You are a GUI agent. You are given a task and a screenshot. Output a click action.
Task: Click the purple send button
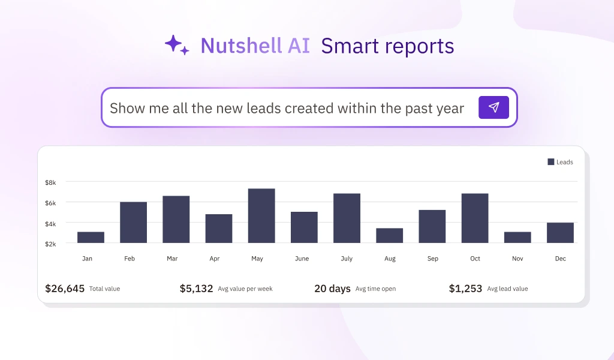coord(493,107)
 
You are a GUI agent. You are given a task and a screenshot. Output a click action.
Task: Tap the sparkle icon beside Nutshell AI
coord(177,46)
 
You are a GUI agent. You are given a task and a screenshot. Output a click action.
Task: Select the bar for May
coord(261,216)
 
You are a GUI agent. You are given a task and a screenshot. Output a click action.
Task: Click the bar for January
coord(91,238)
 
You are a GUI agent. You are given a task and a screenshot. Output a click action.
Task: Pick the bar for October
coord(475,218)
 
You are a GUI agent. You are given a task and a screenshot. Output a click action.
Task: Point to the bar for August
coord(390,236)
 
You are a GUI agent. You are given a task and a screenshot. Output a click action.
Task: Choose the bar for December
coord(560,233)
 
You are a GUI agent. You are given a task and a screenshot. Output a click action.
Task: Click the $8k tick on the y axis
coord(50,182)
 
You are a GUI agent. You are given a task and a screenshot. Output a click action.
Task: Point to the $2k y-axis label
coord(50,244)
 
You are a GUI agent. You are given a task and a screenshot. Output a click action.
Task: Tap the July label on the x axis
coord(347,259)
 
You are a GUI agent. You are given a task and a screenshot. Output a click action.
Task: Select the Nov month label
coord(517,259)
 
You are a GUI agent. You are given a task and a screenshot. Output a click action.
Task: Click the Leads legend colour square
coord(551,162)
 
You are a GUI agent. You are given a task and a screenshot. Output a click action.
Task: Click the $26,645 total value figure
coord(65,289)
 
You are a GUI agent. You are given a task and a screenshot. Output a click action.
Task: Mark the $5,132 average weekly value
coord(196,289)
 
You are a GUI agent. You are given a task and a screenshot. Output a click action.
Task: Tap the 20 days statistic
coord(332,289)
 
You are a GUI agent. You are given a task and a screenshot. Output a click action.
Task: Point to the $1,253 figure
coord(465,289)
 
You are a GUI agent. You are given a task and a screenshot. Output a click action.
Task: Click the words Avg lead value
coord(507,289)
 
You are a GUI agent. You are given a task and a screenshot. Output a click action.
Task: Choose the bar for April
coord(219,229)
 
